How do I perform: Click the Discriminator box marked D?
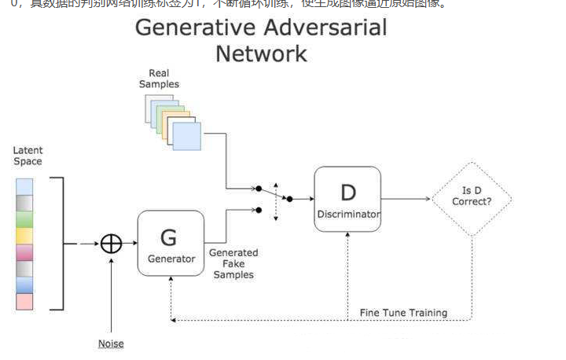[x=347, y=199]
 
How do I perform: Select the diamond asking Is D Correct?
[x=471, y=199]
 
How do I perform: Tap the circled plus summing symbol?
[x=112, y=243]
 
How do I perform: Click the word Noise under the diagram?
[x=111, y=343]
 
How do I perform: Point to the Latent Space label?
[x=28, y=156]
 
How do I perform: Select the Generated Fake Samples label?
[x=233, y=263]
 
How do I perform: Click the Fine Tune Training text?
[x=403, y=313]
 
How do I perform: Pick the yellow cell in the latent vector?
[x=24, y=235]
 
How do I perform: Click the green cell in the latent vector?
[x=24, y=219]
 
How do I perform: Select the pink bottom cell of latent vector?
[x=24, y=301]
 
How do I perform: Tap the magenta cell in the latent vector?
[x=24, y=252]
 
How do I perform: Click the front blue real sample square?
[x=186, y=136]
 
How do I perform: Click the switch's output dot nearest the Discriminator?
[x=289, y=199]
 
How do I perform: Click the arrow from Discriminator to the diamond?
[x=405, y=199]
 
